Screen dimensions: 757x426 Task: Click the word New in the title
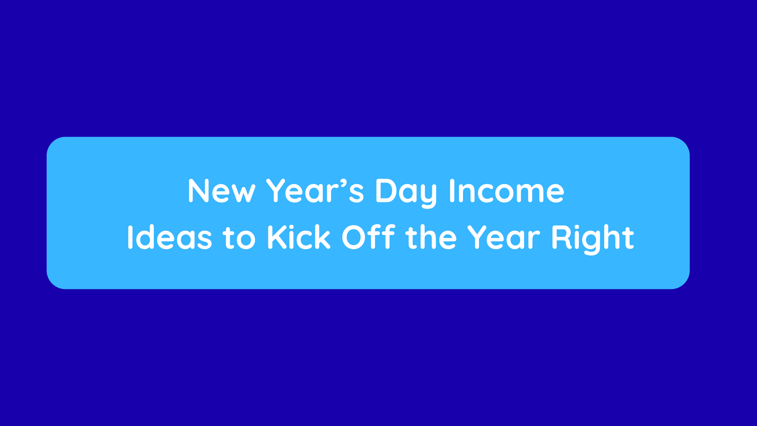[x=221, y=191]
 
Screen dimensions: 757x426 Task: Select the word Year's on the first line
[x=315, y=191]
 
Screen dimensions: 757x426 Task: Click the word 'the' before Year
[x=431, y=237]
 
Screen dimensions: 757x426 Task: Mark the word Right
[x=593, y=239]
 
